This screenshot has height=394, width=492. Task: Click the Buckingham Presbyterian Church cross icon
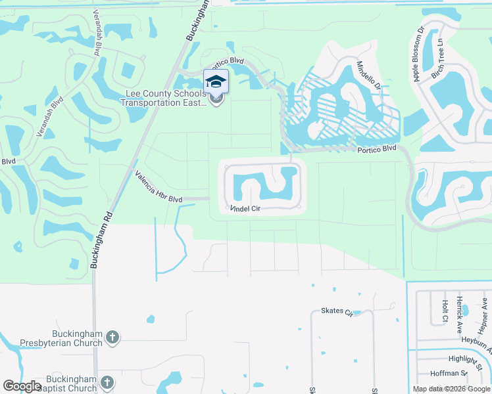click(112, 338)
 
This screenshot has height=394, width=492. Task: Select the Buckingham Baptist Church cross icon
click(107, 382)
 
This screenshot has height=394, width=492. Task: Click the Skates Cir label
click(337, 311)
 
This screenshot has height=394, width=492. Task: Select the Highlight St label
click(467, 359)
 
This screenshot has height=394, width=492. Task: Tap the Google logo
click(22, 385)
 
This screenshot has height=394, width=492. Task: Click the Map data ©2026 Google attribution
click(452, 389)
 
